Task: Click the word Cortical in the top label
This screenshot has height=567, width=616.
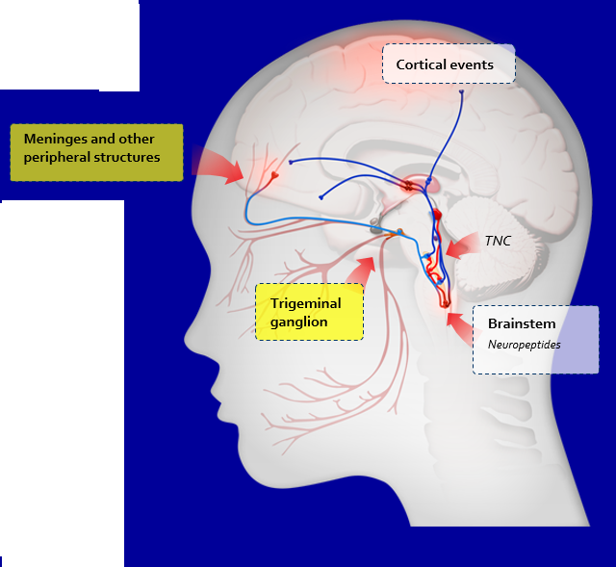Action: click(x=422, y=65)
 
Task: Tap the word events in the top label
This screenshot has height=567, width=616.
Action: click(x=472, y=65)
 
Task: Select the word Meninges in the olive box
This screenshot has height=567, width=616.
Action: click(x=55, y=140)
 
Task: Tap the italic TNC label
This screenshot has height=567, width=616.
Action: click(x=498, y=242)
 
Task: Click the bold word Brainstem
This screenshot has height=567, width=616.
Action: click(x=520, y=323)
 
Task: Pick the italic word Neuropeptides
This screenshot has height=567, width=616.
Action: click(x=524, y=343)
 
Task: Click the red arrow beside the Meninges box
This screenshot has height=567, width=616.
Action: click(x=218, y=166)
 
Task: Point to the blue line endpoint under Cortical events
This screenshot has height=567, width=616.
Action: click(x=461, y=93)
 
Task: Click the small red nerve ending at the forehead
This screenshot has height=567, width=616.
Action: click(x=275, y=177)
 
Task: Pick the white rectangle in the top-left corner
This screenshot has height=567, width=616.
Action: click(x=69, y=44)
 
